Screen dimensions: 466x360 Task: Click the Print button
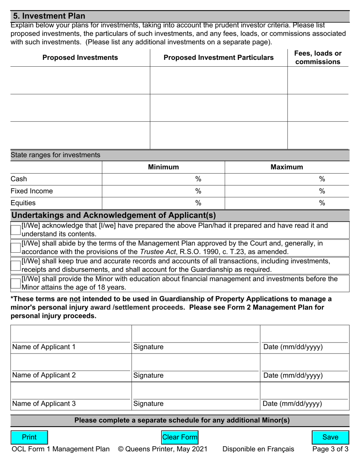click(x=29, y=437)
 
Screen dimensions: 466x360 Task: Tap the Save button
click(x=330, y=437)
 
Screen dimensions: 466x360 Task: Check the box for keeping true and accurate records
click(x=16, y=266)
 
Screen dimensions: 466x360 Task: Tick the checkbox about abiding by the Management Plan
click(x=16, y=248)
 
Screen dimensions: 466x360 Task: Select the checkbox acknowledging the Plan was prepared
click(x=16, y=230)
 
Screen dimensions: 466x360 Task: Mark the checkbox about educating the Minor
click(x=16, y=283)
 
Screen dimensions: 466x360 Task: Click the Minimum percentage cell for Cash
click(x=163, y=179)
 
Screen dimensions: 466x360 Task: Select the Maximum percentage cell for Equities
click(x=287, y=203)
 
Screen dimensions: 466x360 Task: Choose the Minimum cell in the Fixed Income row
click(x=163, y=191)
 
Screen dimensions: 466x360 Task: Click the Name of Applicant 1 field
click(x=71, y=336)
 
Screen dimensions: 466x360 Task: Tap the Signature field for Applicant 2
click(x=195, y=364)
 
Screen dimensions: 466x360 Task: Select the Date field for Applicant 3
click(x=304, y=392)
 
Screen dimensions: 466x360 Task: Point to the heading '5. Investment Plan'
click(x=49, y=16)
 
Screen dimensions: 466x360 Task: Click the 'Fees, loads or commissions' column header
click(x=318, y=58)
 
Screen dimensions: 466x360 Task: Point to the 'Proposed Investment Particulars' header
click(x=218, y=58)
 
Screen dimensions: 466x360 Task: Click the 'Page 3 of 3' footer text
click(x=330, y=449)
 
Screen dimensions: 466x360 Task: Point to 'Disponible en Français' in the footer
click(x=258, y=449)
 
